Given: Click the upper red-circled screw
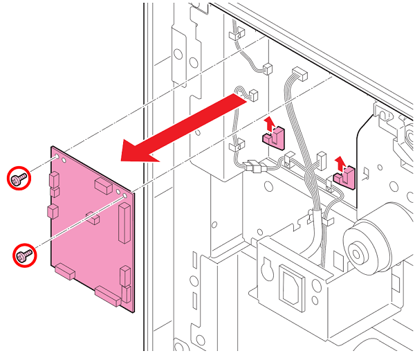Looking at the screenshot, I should pos(19,179).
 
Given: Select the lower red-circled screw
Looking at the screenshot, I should pos(26,255).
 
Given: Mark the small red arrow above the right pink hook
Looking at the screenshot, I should pos(340,163).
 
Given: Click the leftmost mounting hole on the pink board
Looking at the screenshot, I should pos(64,160).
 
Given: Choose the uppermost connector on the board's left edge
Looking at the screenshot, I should pos(53,181).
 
